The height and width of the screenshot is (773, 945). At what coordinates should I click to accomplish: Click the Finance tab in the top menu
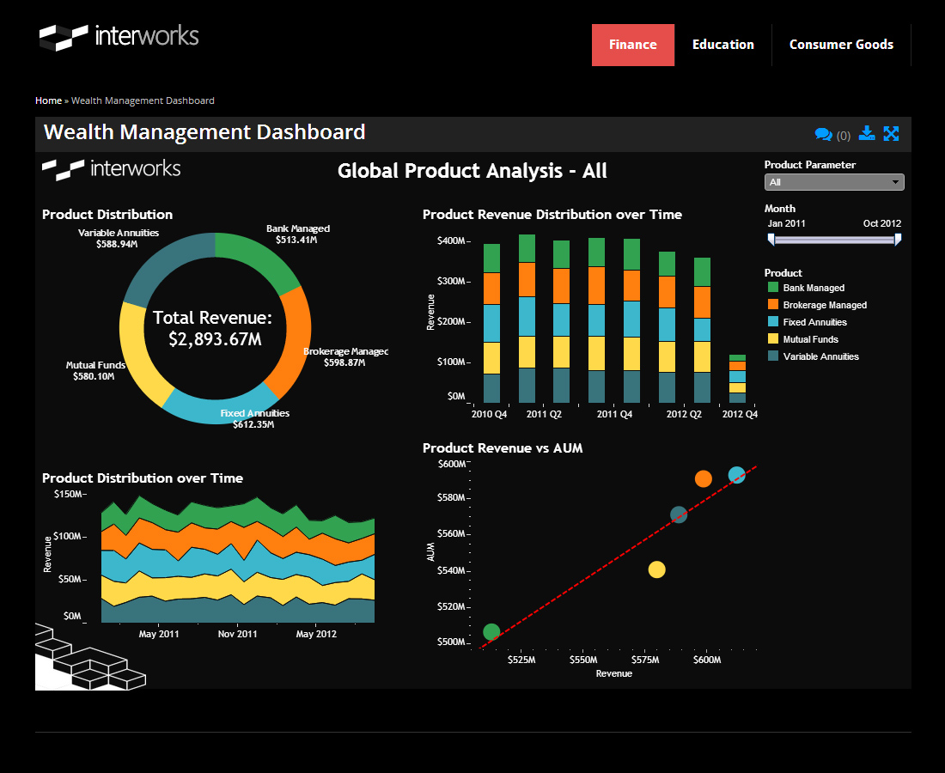pos(632,45)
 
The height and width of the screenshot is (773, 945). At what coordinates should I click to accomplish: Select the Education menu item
pos(722,45)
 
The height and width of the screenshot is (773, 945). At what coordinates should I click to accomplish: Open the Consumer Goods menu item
pos(841,45)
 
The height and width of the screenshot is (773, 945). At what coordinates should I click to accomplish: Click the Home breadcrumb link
pos(48,100)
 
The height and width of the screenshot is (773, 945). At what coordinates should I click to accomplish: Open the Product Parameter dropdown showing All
pos(833,182)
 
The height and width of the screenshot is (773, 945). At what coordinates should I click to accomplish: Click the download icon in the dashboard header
pos(867,133)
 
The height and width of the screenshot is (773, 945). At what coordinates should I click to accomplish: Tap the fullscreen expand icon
pos(891,133)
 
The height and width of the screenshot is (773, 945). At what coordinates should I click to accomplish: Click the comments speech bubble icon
pos(823,134)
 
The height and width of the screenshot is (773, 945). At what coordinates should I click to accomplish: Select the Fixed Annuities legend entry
pos(814,322)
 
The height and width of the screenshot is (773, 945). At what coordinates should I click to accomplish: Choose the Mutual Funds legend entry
pos(810,339)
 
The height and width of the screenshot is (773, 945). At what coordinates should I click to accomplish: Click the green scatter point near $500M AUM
pos(491,632)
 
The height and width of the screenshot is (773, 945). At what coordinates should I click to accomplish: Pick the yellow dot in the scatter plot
pos(657,569)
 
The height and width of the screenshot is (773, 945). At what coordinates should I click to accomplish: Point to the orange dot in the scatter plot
pos(704,478)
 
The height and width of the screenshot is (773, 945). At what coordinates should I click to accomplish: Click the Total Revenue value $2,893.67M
pos(215,339)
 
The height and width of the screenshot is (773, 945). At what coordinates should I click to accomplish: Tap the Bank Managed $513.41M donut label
pos(297,234)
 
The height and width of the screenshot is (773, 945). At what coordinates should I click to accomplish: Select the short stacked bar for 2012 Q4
pos(737,379)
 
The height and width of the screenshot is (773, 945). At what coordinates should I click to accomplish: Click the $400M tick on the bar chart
pos(451,240)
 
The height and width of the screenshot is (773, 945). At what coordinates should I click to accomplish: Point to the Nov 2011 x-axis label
pos(238,634)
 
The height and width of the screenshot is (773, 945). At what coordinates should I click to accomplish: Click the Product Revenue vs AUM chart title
pos(503,447)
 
